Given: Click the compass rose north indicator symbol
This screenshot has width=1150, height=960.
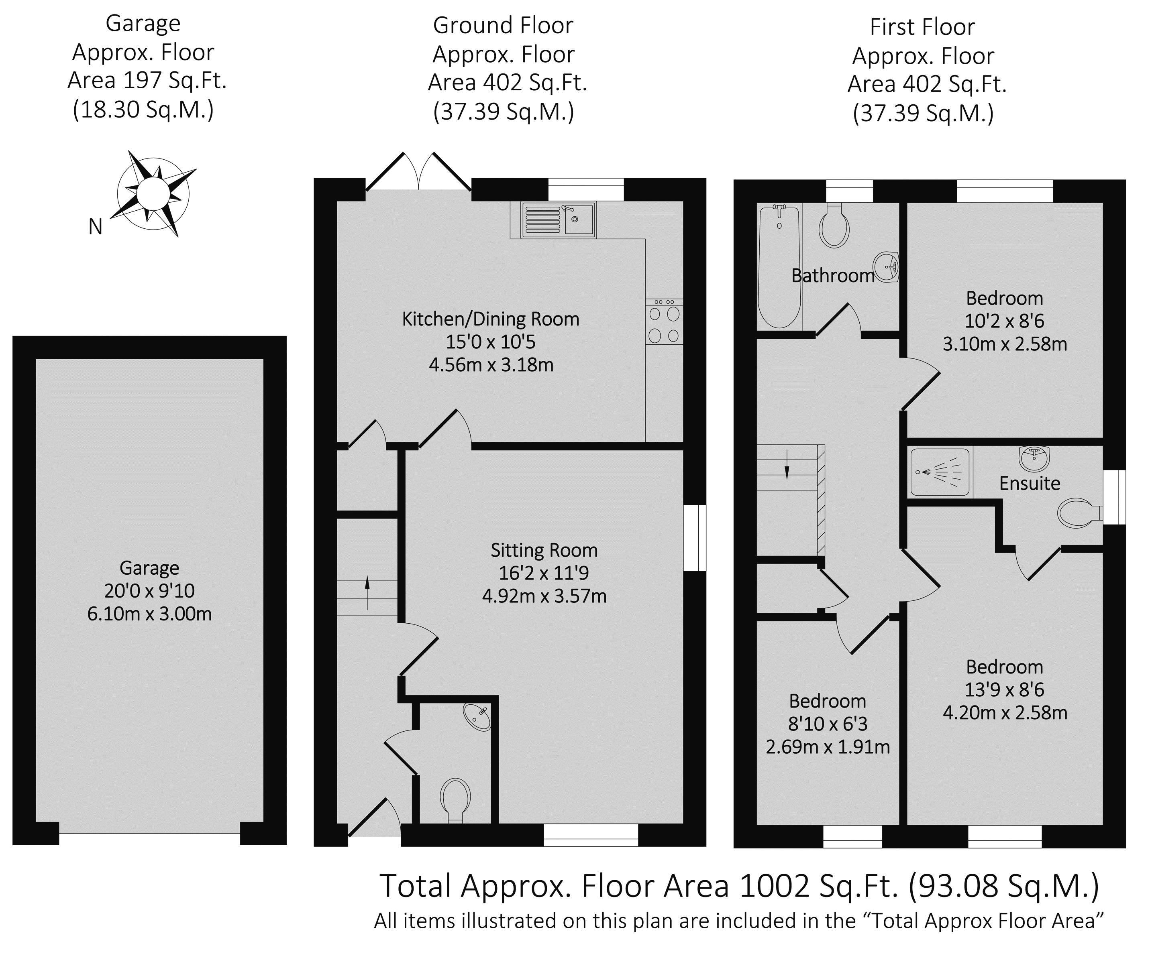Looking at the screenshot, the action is point(154,193).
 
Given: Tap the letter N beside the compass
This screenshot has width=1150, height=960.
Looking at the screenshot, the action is point(95,227).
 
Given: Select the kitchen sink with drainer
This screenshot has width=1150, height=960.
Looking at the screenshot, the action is point(559,220).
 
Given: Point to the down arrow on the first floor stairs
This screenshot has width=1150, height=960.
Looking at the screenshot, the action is point(787,464).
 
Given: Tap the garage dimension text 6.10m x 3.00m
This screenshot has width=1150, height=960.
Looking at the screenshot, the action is point(149,614).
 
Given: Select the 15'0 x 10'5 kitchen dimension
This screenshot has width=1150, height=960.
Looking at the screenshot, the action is point(491,342).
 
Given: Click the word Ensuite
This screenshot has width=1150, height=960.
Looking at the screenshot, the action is point(1030,483).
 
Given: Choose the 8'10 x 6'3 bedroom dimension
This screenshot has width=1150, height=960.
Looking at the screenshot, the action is point(828,724).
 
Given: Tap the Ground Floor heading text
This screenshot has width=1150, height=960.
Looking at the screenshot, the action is point(503,25).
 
